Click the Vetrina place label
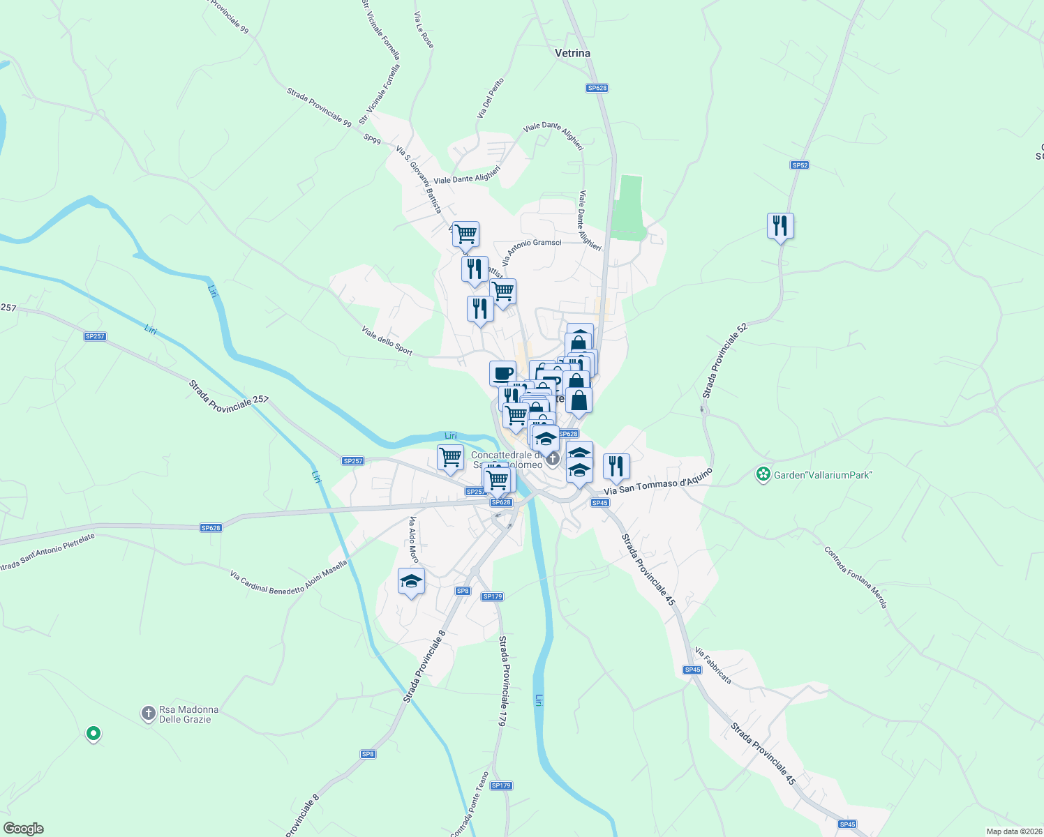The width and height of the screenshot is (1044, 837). coord(572,53)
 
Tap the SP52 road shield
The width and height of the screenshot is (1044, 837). coord(800,165)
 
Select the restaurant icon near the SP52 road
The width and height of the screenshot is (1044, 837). coord(780,226)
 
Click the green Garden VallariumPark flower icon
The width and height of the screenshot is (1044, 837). coord(763,475)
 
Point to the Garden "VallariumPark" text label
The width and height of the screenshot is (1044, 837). coord(823,475)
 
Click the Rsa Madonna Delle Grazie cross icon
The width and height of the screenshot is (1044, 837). coord(148,714)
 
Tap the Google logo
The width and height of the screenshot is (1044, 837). coord(24,829)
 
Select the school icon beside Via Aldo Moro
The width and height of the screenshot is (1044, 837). coord(411,582)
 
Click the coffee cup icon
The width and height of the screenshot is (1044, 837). coord(502,373)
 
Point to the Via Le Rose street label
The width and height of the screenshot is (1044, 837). coord(424,30)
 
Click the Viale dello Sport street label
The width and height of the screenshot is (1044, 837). coord(387,340)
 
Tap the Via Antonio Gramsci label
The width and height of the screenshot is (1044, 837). coord(531,252)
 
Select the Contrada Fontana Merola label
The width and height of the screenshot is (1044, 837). coord(856,578)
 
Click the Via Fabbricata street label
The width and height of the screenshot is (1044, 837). coord(713,665)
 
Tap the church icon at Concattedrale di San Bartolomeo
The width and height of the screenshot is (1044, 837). coord(553,458)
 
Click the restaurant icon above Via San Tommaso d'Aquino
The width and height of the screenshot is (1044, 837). coord(616,466)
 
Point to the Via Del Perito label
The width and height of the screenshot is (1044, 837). coord(491,98)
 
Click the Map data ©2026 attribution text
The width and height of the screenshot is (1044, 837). coord(1013,831)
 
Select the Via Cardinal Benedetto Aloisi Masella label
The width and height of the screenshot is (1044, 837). coord(288,578)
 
